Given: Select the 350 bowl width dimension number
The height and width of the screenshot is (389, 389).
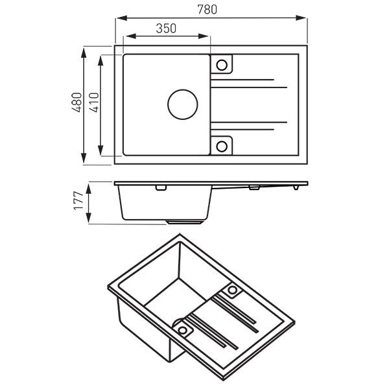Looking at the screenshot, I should coord(167,29).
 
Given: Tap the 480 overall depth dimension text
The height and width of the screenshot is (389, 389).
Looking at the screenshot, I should coord(77,104).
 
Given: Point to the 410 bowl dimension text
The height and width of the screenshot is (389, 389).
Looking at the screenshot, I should coord(94,104).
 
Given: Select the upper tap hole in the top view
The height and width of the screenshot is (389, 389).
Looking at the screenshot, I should coord(222,65).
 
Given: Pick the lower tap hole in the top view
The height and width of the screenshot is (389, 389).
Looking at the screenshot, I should coord(222,145).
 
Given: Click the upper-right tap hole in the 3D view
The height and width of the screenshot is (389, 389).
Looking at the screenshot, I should coord(231,290).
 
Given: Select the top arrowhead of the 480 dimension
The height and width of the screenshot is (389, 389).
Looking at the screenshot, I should coord(84,49).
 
